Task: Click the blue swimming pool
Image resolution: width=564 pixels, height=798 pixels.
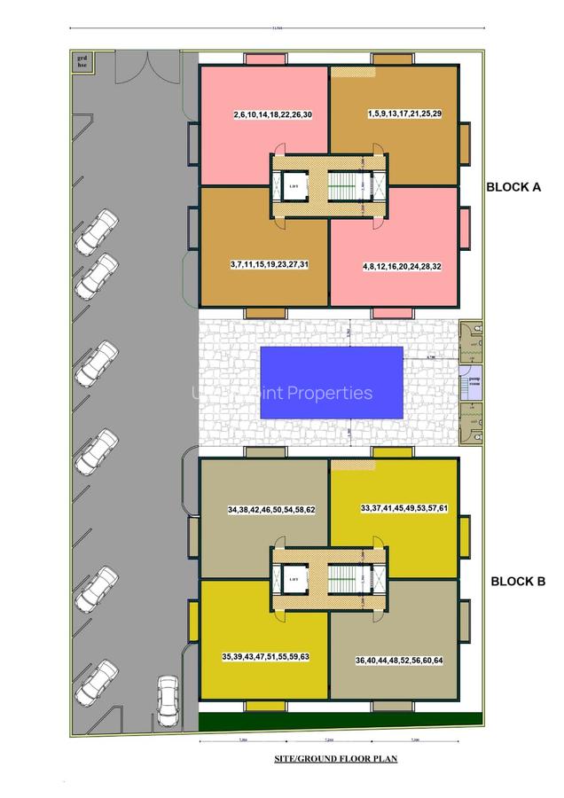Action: click(x=332, y=383)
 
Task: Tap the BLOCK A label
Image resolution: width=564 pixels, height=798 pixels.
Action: click(x=513, y=188)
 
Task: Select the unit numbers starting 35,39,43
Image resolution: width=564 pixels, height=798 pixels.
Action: click(x=265, y=657)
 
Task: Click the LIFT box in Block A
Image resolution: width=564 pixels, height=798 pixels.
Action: click(x=294, y=186)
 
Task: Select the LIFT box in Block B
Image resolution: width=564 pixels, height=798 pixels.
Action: click(x=294, y=579)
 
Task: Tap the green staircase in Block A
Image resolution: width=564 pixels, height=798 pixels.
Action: click(x=341, y=187)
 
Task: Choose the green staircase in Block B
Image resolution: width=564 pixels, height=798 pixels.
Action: click(x=341, y=580)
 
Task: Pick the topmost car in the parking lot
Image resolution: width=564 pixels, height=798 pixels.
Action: click(x=96, y=231)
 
